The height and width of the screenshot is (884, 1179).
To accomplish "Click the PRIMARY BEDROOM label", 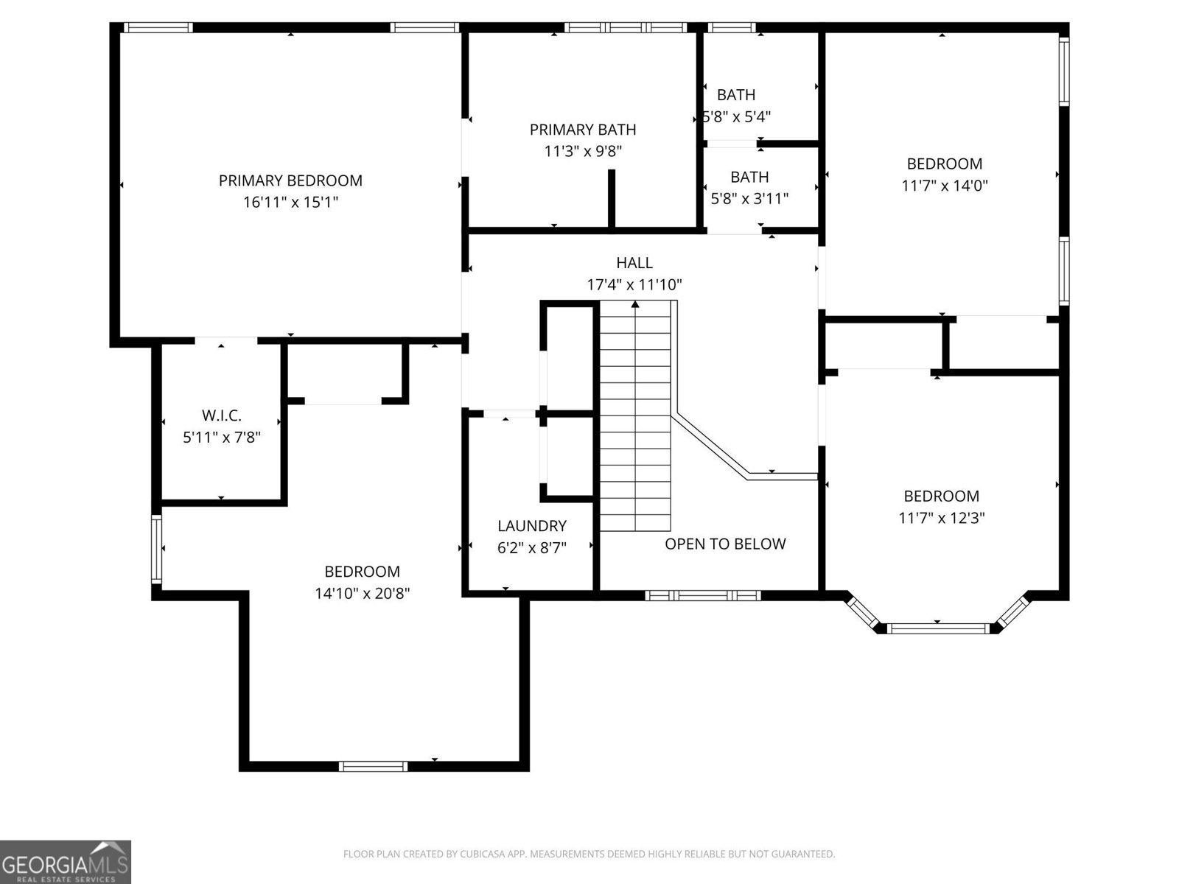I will click(x=290, y=180).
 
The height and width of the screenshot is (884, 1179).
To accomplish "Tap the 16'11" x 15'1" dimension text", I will click(x=290, y=202).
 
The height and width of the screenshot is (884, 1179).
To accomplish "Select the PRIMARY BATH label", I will click(x=582, y=130).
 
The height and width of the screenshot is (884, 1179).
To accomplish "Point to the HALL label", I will click(x=634, y=263).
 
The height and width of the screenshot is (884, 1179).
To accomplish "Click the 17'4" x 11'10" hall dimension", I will click(x=634, y=284).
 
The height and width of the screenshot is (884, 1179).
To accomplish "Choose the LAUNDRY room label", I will click(x=531, y=526).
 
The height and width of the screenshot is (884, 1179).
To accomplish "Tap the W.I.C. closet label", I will click(x=221, y=415).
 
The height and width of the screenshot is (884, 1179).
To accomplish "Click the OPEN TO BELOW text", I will click(x=725, y=544).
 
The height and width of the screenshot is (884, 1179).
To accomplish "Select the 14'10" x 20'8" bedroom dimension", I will click(x=362, y=593).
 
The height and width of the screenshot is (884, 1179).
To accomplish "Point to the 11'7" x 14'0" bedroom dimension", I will click(x=944, y=186).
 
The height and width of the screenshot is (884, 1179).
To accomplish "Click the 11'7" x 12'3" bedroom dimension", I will click(x=941, y=518).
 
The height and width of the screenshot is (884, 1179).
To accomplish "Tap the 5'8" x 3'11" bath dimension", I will click(x=749, y=198).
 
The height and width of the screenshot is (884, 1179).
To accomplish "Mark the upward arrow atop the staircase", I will click(x=635, y=304).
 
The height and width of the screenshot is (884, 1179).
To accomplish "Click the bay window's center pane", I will click(x=937, y=628).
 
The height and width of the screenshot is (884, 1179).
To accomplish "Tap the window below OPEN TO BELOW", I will click(x=702, y=595).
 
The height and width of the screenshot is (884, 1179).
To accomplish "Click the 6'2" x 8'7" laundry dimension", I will click(x=531, y=548).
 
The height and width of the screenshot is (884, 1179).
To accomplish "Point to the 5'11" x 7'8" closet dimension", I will click(x=221, y=438).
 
